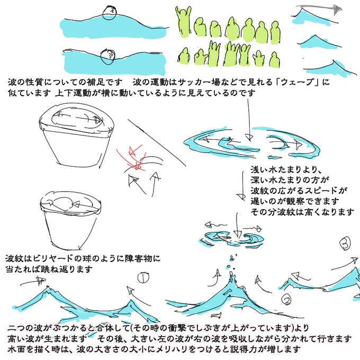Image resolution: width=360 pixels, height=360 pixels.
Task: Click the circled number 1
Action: (x=143, y=277)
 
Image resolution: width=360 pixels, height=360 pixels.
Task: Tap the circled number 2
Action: (x=287, y=300)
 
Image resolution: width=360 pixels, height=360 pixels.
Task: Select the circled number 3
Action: (x=345, y=244)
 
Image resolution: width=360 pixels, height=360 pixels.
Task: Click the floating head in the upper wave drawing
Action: (x=110, y=14)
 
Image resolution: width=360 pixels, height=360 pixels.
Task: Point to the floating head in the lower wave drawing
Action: (x=108, y=57)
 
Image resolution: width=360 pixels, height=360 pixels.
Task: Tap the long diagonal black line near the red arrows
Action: (x=157, y=142)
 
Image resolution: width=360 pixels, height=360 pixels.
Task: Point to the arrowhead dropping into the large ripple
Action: (x=249, y=137)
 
